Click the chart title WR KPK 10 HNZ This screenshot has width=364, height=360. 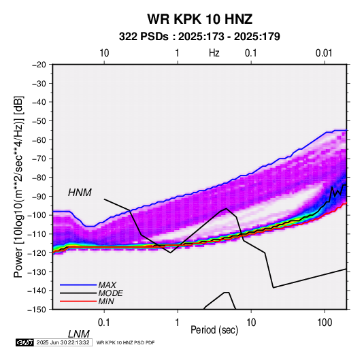199,19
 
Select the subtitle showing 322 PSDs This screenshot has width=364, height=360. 199,37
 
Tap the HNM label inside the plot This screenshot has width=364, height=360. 80,193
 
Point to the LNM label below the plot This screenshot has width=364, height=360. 79,334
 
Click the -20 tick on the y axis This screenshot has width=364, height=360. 39,65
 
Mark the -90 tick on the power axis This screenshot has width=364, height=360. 39,196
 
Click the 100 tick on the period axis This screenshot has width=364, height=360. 325,323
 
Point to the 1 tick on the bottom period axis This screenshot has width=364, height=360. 178,323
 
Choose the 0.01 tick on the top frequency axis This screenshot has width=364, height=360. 324,53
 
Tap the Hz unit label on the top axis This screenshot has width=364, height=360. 214,53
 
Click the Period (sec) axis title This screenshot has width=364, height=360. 214,330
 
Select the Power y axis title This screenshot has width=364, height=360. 18,187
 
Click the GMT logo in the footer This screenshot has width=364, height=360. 24,342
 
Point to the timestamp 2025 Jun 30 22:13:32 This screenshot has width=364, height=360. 63,342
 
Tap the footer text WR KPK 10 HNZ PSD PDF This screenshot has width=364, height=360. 125,342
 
